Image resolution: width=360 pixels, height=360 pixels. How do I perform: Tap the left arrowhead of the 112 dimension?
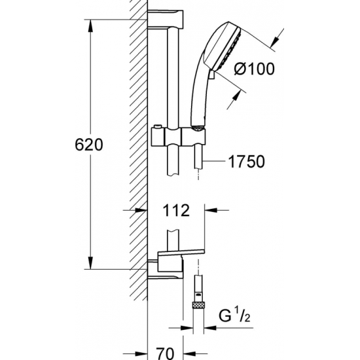point(142,211)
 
